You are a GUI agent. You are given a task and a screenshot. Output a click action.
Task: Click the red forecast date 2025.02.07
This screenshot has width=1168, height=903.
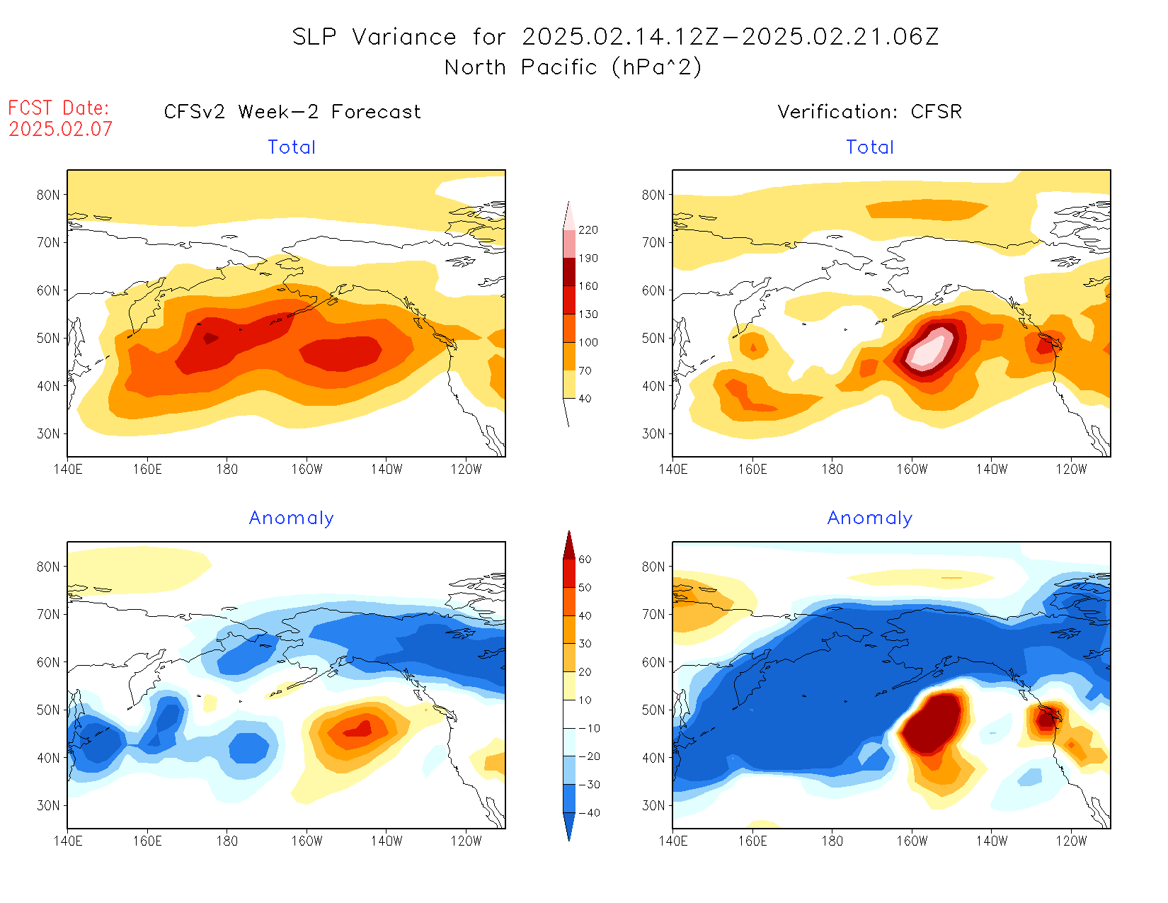(x=61, y=129)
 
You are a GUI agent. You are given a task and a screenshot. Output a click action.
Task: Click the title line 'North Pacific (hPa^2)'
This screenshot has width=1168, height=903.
(x=573, y=67)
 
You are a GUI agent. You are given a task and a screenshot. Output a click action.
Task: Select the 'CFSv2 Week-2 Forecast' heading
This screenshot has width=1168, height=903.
(x=292, y=112)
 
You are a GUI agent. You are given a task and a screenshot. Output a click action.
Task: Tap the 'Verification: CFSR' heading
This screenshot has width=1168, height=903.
(x=869, y=112)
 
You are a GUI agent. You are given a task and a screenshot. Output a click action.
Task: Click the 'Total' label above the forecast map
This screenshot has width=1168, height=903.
(x=292, y=147)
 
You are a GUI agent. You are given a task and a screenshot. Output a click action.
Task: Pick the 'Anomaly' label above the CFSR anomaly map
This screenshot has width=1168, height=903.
(x=869, y=518)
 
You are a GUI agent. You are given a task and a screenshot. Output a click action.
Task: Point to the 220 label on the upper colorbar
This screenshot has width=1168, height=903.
(x=588, y=230)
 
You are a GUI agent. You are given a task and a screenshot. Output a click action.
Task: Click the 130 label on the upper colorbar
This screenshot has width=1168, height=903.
(x=588, y=314)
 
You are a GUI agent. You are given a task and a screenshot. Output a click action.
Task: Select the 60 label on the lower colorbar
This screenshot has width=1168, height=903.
(x=585, y=560)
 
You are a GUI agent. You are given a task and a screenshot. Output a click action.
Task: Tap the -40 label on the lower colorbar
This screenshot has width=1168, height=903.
(x=588, y=813)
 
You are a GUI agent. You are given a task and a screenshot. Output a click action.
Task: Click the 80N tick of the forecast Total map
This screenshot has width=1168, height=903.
(x=48, y=195)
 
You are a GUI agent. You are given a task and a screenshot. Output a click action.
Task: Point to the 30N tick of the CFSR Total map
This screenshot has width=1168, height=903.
(x=653, y=433)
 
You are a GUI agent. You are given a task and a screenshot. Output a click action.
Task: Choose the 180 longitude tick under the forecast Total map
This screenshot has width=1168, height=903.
(x=227, y=469)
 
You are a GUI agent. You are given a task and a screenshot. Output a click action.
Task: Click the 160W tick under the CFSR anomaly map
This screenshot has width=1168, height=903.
(x=912, y=841)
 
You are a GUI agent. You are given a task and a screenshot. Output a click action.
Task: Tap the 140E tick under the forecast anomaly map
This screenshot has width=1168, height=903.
(x=68, y=841)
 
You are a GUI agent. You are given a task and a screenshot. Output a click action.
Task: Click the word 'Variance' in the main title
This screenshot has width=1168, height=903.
(x=404, y=37)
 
